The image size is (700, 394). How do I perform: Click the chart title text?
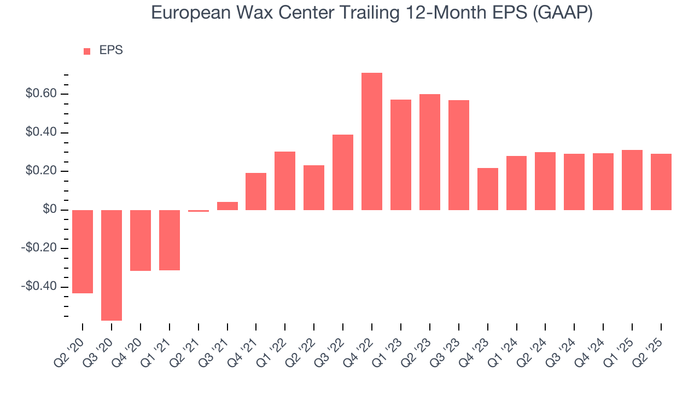tap(371, 13)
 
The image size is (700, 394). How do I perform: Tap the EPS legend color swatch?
tap(87, 51)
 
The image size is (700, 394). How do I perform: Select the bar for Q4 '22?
tap(372, 141)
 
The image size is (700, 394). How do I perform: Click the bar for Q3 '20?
tap(112, 265)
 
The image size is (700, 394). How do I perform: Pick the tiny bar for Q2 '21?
tap(199, 211)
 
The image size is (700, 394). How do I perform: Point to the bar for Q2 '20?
tap(83, 251)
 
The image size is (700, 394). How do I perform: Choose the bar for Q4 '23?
tap(487, 189)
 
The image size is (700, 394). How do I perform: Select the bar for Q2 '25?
tap(661, 182)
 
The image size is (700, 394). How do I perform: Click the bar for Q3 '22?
tap(343, 172)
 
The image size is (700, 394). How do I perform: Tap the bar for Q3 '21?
tap(227, 206)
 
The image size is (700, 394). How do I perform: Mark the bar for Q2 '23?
tap(430, 152)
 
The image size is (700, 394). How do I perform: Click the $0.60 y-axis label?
tap(41, 94)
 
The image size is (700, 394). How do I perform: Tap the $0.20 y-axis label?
tap(41, 171)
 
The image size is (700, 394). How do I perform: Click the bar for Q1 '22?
tap(285, 181)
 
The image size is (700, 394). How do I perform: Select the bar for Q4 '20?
tap(141, 240)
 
